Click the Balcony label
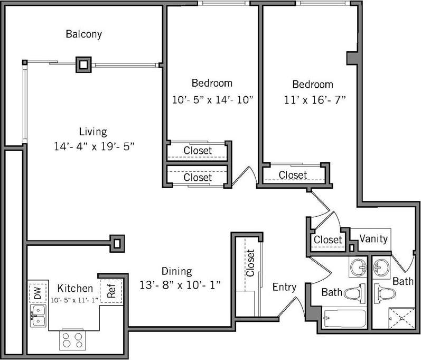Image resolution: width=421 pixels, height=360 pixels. pyautogui.click(x=83, y=34)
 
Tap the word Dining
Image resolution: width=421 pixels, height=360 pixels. pyautogui.click(x=177, y=271)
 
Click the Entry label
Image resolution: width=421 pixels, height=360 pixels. pyautogui.click(x=284, y=288)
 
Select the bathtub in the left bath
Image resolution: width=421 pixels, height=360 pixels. pyautogui.click(x=344, y=319)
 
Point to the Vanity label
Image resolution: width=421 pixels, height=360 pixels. pyautogui.click(x=373, y=238)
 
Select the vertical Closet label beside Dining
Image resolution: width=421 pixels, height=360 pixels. pyautogui.click(x=250, y=263)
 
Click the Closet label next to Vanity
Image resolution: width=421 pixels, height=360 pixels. pyautogui.click(x=328, y=239)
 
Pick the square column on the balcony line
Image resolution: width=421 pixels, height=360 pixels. pyautogui.click(x=83, y=65)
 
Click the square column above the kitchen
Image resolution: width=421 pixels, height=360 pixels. pyautogui.click(x=117, y=243)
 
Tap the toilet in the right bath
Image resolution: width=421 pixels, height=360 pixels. pyautogui.click(x=383, y=293)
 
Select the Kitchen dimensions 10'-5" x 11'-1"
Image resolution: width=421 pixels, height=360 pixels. pyautogui.click(x=75, y=300)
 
